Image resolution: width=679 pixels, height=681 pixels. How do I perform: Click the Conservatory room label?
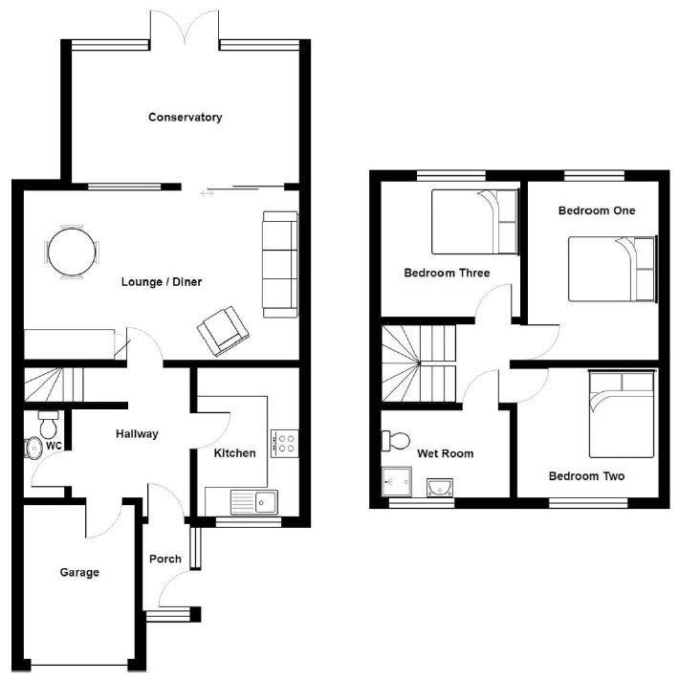pos(185,118)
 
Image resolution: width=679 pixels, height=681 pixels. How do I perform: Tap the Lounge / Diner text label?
pos(162,282)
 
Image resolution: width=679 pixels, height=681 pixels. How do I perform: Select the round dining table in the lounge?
pos(72,252)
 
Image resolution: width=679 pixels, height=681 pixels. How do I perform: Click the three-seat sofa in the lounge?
pos(280,264)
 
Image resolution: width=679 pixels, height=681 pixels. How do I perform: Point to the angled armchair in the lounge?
pos(223,330)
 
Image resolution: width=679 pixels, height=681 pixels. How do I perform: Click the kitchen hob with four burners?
pos(285,442)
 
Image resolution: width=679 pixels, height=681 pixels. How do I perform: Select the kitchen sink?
pos(253,501)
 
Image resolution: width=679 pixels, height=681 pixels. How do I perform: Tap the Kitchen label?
pos(234,452)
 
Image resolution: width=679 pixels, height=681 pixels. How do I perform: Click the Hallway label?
pos(137,434)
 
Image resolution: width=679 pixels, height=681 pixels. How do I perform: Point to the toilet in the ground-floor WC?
pos(47,419)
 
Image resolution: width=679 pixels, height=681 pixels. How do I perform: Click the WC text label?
pos(54,446)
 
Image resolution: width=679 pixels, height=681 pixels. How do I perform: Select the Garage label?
pos(79,573)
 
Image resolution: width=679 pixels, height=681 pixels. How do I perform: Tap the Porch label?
pos(164,560)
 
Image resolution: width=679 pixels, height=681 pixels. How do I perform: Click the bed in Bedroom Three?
pos(473,219)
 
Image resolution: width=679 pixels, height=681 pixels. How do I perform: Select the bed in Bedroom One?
pos(612,269)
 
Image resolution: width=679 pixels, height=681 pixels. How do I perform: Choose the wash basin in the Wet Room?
pos(439,487)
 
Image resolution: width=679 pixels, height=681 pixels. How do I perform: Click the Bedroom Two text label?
pos(586,475)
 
